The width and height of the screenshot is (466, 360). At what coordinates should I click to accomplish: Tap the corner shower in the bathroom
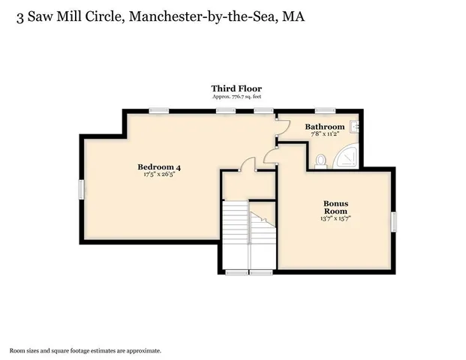346,156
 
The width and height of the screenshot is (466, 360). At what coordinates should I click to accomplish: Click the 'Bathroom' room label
324,127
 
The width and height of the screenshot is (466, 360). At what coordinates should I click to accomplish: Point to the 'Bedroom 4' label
159,166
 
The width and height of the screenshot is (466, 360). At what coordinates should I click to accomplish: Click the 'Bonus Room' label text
335,207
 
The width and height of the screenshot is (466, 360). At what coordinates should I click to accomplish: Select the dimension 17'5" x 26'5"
159,174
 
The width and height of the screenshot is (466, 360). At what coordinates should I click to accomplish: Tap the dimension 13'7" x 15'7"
336,219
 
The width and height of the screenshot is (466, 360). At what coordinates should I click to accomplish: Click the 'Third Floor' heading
236,88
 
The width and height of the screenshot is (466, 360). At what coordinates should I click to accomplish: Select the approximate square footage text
236,97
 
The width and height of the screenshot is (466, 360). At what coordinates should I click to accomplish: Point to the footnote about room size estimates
85,350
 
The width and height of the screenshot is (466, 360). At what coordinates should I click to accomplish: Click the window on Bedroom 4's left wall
81,190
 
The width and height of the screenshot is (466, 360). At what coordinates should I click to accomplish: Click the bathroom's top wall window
325,111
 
